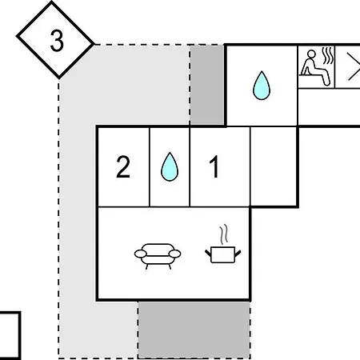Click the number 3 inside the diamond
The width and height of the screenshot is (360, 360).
point(57,41)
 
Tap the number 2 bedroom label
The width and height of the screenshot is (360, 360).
point(123,166)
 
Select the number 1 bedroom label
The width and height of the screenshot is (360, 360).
point(214,166)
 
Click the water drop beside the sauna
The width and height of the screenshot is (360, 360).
point(262,86)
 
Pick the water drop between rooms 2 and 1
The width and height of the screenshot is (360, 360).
point(170,166)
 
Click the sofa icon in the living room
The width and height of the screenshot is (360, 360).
point(158,256)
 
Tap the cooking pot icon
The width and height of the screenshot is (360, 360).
point(223,254)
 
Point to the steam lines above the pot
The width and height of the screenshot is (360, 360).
point(224,234)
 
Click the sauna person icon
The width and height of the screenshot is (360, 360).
point(315,68)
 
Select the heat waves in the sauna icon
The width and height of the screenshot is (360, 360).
point(328,55)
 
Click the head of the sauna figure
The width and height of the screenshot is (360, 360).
point(311,54)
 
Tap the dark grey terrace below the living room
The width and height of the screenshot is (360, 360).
point(194,330)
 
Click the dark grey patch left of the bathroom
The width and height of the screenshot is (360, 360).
point(207,85)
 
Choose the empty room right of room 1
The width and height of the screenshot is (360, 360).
point(274,166)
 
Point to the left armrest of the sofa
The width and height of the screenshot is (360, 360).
point(141,254)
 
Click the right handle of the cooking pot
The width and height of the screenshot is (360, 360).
point(238,253)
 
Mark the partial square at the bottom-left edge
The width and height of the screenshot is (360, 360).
point(10,335)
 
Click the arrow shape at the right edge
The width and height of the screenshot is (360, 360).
point(354,66)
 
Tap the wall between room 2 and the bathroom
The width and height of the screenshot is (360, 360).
point(150,166)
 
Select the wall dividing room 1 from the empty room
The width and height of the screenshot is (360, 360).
point(250,166)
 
